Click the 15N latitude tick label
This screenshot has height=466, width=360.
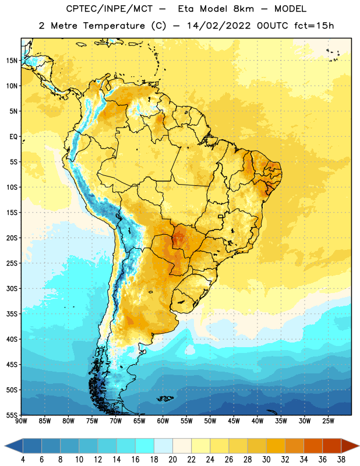[12, 61]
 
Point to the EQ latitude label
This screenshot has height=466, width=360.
[13, 137]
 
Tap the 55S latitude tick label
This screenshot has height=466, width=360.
[12, 415]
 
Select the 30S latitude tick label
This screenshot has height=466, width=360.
[12, 288]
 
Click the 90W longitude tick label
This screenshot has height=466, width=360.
[21, 421]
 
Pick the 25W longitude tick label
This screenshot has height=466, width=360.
[328, 421]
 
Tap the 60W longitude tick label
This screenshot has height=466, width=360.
[163, 421]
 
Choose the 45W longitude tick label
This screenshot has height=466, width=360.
[234, 421]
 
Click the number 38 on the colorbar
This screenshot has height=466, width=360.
[341, 460]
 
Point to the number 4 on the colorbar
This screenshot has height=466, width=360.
[23, 460]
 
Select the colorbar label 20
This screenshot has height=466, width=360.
[172, 460]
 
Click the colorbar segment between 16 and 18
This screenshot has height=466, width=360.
[145, 446]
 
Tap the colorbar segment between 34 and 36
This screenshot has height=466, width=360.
[313, 446]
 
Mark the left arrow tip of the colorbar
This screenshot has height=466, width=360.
[5, 446]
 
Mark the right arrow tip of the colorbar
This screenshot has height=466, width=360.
[359, 446]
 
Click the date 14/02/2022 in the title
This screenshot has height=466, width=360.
[219, 26]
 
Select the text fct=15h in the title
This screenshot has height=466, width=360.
[314, 26]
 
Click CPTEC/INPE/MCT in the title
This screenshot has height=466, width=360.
[110, 9]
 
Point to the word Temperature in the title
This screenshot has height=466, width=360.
[114, 26]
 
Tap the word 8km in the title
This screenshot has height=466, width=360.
[243, 9]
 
